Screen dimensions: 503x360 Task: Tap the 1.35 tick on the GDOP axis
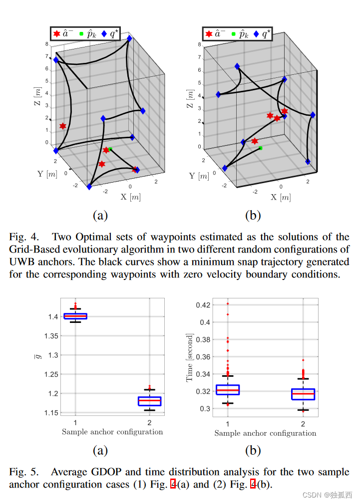click(50, 336)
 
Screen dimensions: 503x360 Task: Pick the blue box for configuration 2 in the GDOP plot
click(149, 401)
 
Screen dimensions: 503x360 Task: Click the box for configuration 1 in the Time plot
click(228, 390)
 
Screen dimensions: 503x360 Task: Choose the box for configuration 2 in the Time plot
click(303, 394)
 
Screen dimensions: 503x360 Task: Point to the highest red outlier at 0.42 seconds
click(228, 303)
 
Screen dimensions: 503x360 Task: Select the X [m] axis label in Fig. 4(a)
click(130, 197)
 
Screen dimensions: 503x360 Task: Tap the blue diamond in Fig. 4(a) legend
click(104, 34)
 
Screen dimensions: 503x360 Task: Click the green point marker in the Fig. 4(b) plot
click(261, 148)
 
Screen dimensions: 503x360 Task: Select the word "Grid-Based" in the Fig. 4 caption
click(31, 249)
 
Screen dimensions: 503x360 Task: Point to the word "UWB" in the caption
click(20, 262)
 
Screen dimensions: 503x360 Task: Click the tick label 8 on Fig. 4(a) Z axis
click(47, 44)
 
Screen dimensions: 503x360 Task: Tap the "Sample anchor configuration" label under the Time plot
click(265, 433)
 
